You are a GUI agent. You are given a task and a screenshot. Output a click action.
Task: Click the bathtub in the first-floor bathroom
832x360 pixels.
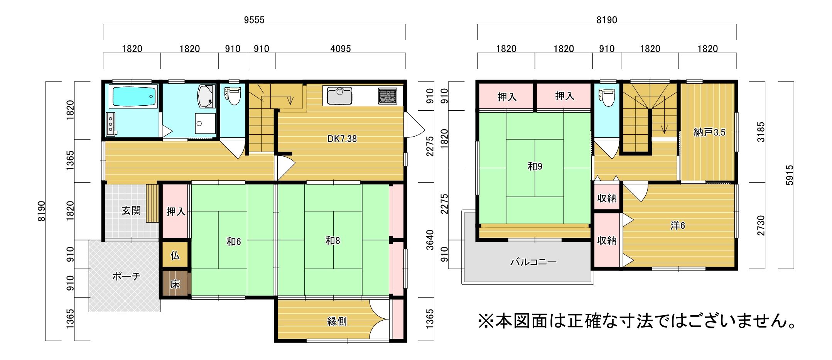[x=134, y=96]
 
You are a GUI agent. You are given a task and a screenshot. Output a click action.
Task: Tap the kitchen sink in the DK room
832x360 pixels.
[x=339, y=96]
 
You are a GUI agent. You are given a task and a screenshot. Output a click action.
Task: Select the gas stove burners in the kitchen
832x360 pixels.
[x=387, y=96]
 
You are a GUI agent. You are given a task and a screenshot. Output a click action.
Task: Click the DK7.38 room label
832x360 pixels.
[x=342, y=139]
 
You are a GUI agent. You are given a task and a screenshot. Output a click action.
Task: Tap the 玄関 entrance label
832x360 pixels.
[x=131, y=211]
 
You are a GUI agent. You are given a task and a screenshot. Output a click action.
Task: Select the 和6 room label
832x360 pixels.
[x=234, y=242]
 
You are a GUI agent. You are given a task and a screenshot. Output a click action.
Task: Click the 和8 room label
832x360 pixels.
[x=333, y=241]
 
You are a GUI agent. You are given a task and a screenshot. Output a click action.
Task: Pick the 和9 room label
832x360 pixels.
[x=535, y=166]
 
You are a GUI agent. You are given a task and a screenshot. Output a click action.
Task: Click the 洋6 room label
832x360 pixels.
[x=677, y=226]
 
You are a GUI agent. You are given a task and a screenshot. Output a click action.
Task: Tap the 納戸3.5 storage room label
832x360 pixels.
[x=709, y=132]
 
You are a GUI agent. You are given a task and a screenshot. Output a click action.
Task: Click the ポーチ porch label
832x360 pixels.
[x=126, y=276]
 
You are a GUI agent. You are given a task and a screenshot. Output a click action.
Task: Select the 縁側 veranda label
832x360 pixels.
[x=337, y=321]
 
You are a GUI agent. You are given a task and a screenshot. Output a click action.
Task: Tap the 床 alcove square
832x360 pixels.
[x=175, y=284]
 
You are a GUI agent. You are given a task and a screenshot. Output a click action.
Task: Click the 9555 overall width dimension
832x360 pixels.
[x=254, y=20]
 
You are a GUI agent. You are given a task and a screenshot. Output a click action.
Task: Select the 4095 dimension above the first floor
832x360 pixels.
[x=341, y=49]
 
